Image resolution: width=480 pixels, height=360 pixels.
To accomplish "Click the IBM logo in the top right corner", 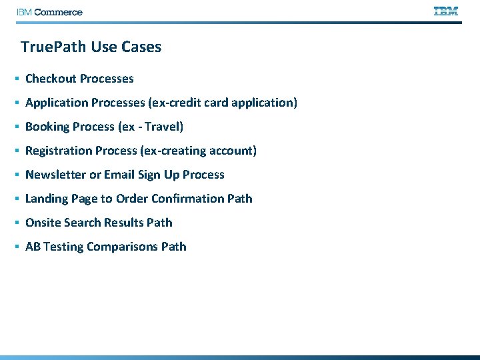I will click(x=446, y=11).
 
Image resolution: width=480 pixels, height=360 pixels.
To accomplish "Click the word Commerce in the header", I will click(x=58, y=12).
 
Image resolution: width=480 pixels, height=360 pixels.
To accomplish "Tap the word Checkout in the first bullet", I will click(x=51, y=79).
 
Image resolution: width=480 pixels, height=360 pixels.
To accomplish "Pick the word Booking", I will click(x=47, y=127).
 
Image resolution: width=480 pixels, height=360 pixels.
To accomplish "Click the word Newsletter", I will click(x=55, y=175).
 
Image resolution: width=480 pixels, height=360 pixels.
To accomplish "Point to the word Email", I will click(x=119, y=175).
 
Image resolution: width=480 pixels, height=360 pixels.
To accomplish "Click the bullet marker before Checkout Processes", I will click(x=16, y=79).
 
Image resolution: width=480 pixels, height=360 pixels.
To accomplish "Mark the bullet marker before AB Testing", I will click(x=16, y=247).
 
